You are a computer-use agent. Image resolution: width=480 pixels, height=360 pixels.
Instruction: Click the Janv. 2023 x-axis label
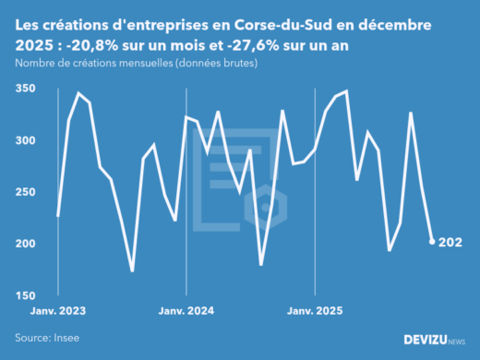(x=57, y=311)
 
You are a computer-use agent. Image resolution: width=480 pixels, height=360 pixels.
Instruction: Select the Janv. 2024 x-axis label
(x=186, y=311)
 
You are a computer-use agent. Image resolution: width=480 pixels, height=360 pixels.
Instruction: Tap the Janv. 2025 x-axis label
(x=316, y=311)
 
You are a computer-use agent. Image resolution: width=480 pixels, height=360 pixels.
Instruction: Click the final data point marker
(x=432, y=242)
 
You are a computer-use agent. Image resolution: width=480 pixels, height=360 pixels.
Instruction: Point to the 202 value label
(x=450, y=243)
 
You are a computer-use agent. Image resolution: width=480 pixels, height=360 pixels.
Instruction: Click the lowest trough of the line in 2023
(x=132, y=270)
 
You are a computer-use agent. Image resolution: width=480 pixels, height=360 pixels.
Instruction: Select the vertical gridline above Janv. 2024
(x=186, y=185)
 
